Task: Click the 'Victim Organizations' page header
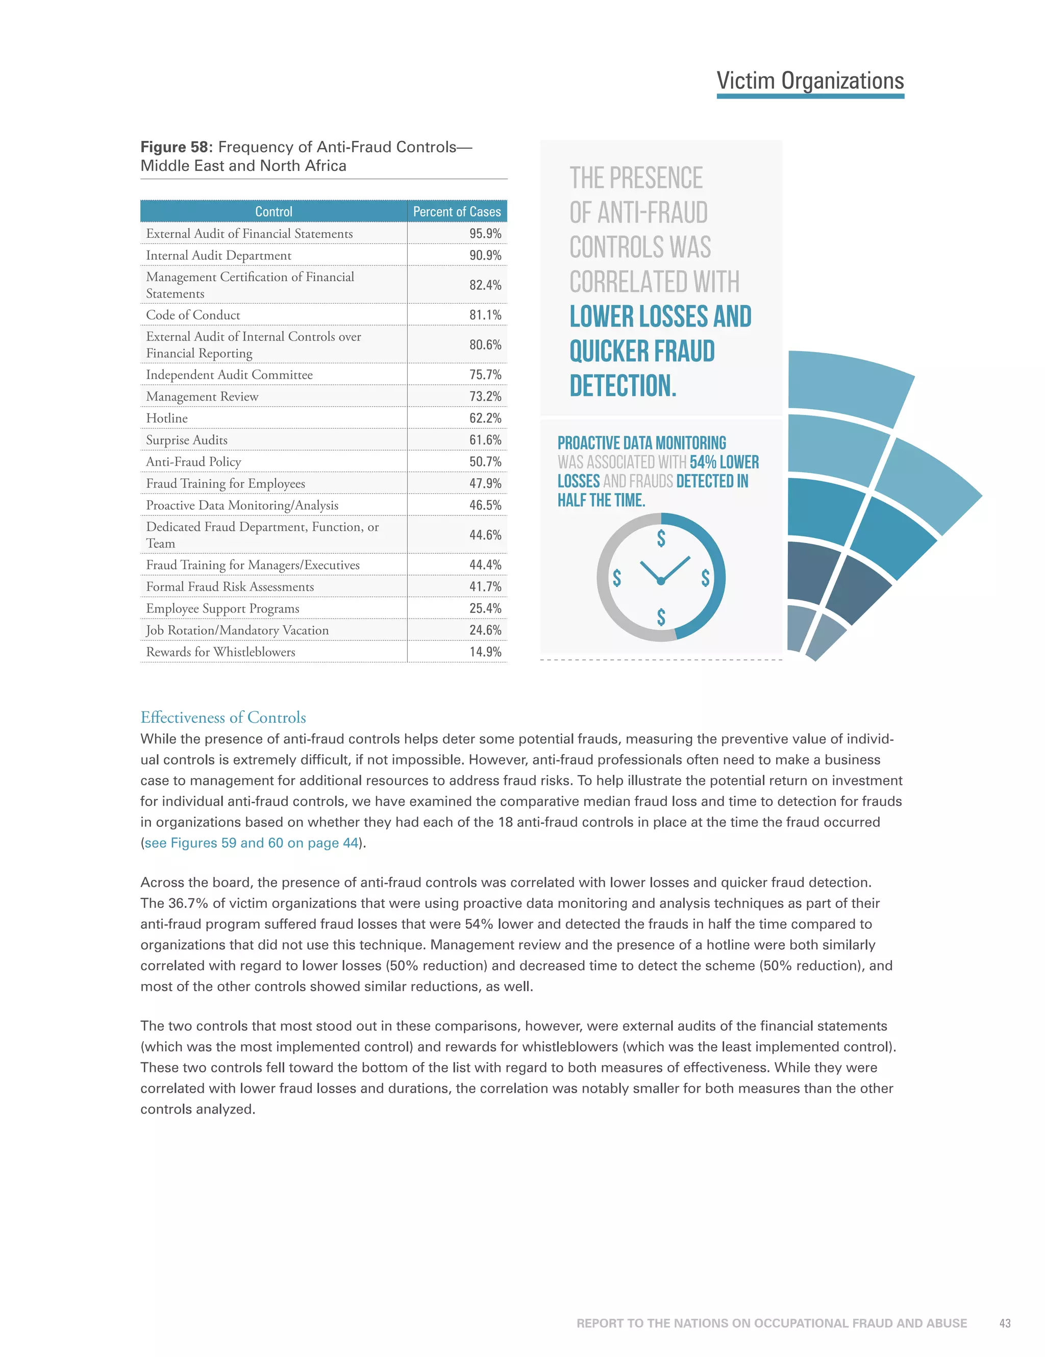click(x=810, y=81)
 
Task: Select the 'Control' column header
click(x=273, y=212)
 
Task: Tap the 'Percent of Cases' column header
click(x=457, y=212)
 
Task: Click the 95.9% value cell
click(x=485, y=234)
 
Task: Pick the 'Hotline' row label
click(x=166, y=418)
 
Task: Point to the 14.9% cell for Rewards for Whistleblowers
click(x=485, y=652)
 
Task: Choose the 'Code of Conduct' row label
click(x=192, y=315)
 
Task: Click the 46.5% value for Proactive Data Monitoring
click(x=485, y=505)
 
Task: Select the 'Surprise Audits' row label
click(x=186, y=440)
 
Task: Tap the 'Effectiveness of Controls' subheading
click(x=223, y=718)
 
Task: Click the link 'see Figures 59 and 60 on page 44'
click(x=252, y=843)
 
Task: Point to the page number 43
click(x=1005, y=1323)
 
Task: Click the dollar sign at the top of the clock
click(x=661, y=538)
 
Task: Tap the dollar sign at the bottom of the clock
click(x=661, y=617)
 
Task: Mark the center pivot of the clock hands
click(x=661, y=581)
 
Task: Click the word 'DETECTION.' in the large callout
click(x=623, y=386)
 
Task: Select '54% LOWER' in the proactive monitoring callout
click(x=724, y=462)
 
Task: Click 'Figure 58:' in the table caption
click(x=177, y=147)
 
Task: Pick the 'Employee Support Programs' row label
click(x=222, y=608)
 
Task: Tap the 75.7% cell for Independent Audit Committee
click(x=485, y=375)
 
